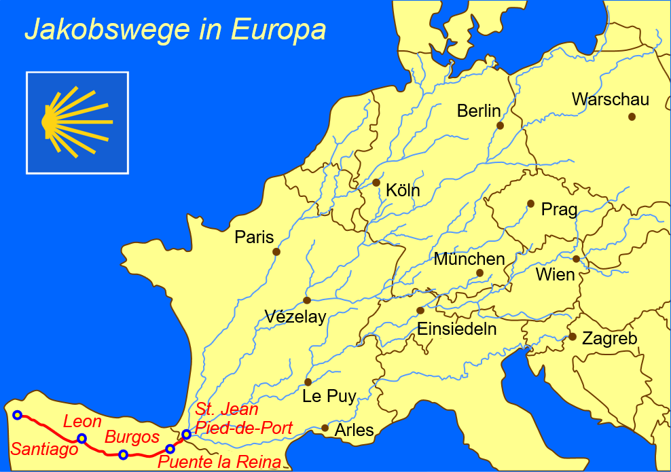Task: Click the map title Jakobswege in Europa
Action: tap(175, 29)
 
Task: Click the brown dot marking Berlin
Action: tap(501, 126)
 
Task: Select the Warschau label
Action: tap(610, 100)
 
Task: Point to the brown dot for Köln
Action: tap(376, 183)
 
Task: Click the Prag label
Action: tap(559, 210)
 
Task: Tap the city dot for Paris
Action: tap(276, 252)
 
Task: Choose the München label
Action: tap(469, 259)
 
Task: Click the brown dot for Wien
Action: tap(576, 259)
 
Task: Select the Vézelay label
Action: tap(295, 316)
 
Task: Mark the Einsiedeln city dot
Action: tap(420, 311)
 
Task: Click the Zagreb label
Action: tap(609, 338)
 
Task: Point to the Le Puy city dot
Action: tap(308, 382)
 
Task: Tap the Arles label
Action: tap(355, 430)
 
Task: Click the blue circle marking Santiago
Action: tap(18, 415)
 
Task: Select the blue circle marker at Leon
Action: tap(81, 438)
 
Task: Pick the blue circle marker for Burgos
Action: tap(123, 454)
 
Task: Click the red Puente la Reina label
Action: tap(219, 463)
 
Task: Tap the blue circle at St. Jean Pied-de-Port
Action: tap(187, 434)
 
